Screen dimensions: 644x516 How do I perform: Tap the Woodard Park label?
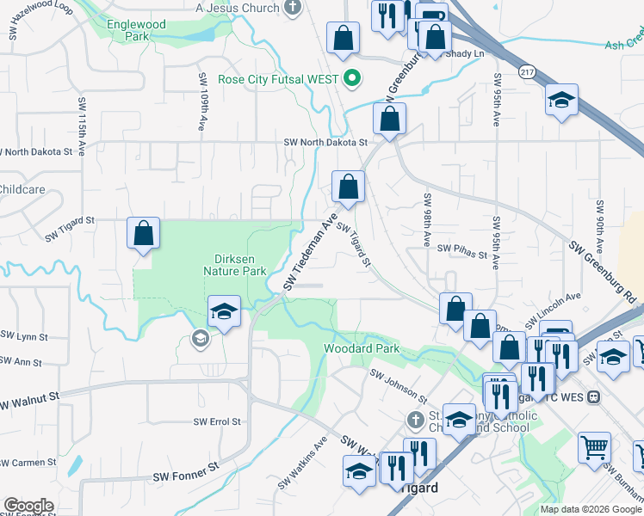(x=362, y=349)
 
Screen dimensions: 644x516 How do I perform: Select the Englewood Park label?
(x=135, y=31)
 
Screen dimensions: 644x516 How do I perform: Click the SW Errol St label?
(x=217, y=421)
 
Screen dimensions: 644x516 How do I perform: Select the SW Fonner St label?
(x=186, y=474)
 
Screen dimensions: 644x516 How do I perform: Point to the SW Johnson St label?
(x=399, y=386)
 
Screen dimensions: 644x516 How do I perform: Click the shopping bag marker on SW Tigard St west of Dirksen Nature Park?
(x=143, y=233)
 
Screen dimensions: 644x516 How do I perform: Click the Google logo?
(x=28, y=506)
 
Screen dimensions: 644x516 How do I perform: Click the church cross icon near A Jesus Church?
(x=294, y=8)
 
